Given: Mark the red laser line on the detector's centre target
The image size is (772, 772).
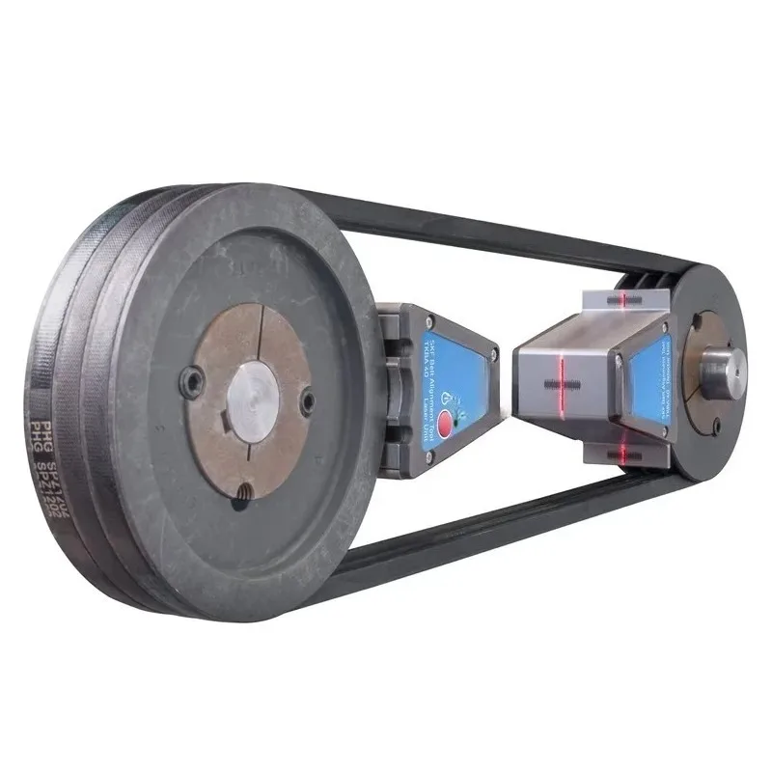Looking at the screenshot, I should tap(561, 374).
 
